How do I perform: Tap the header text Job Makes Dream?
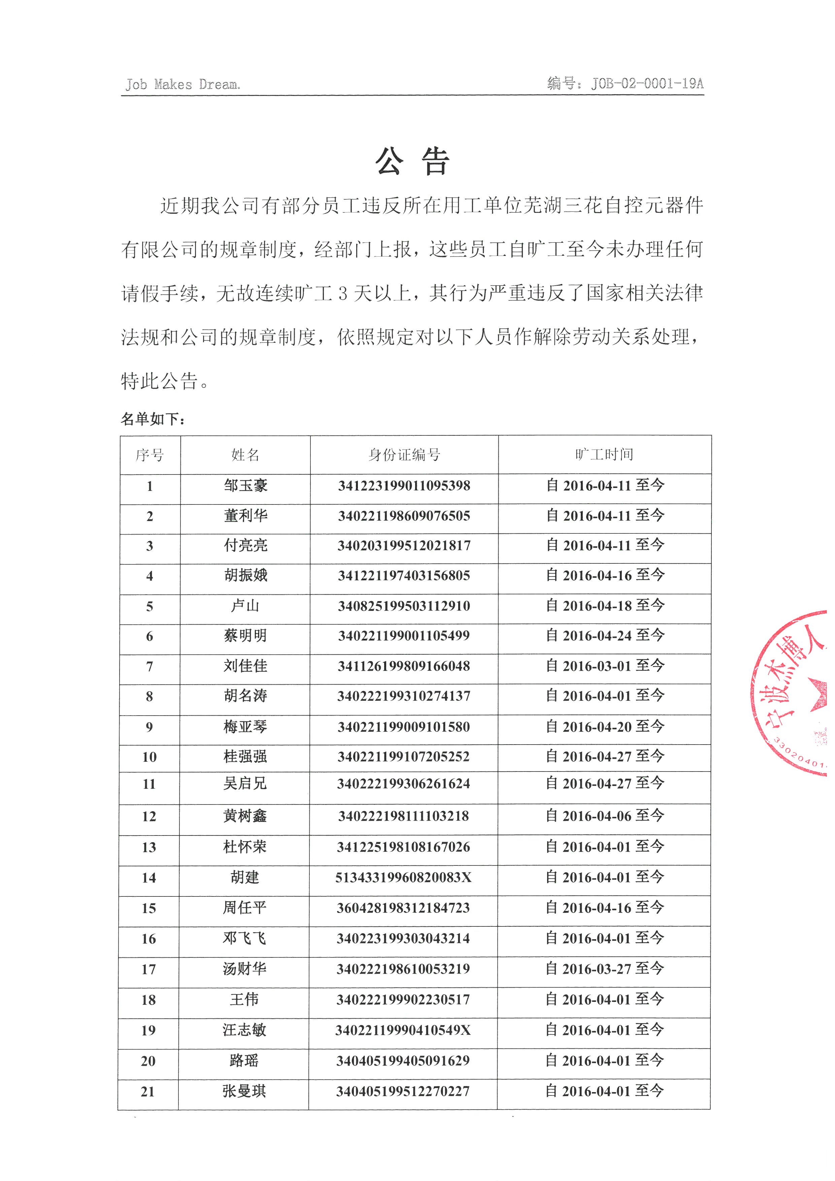pos(182,84)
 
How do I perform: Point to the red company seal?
pos(794,692)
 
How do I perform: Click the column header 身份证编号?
pos(404,455)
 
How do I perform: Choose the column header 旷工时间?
pos(605,454)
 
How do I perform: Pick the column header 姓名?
pos(245,455)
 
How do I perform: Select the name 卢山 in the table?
pos(245,606)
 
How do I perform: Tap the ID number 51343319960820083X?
pos(404,878)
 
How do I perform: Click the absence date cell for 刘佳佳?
pos(605,666)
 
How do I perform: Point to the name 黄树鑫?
pos(245,816)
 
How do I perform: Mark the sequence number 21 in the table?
pos(148,1091)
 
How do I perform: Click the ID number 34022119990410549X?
pos(403,1030)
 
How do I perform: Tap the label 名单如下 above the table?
pos(153,419)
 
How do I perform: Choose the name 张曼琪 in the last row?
pos(244,1091)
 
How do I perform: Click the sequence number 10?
pos(149,757)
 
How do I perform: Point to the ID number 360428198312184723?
pos(404,908)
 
